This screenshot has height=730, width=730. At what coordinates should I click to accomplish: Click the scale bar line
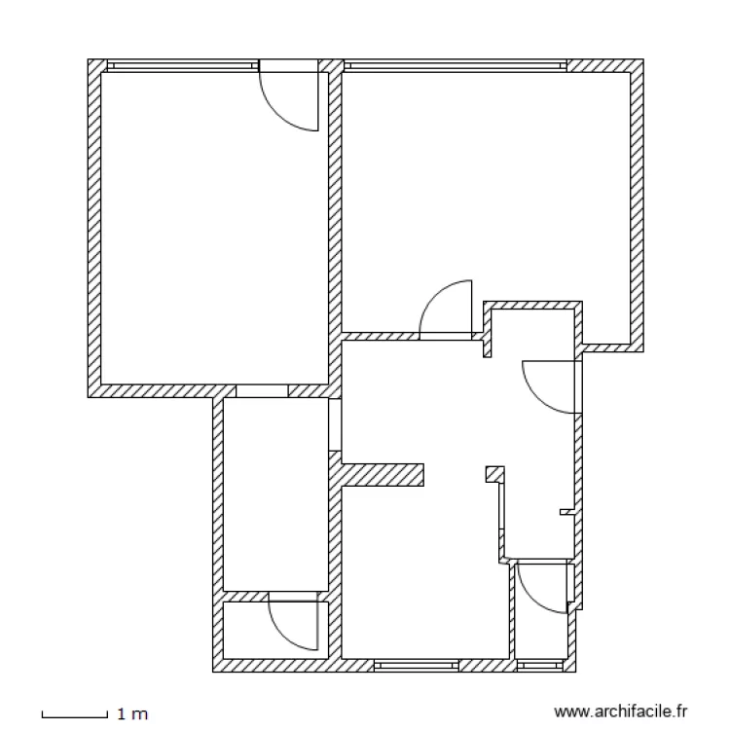pos(73,716)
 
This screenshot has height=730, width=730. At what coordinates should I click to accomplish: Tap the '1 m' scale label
pos(131,715)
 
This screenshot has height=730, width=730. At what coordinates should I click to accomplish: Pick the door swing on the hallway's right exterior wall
pos(552,385)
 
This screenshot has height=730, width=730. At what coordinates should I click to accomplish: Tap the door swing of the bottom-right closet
pos(540,587)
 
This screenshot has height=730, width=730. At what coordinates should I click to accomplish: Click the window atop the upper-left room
pos(182,66)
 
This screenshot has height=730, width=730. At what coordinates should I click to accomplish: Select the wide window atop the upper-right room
pos(455,66)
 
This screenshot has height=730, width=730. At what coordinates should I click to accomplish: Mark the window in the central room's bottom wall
pos(416,666)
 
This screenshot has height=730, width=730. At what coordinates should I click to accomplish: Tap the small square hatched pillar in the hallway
pos(495,474)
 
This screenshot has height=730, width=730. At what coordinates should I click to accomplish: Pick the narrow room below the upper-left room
pos(275,492)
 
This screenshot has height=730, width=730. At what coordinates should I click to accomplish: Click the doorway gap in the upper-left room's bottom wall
pos(262,390)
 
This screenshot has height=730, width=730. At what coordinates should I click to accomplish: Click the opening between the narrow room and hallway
pos(335,425)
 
